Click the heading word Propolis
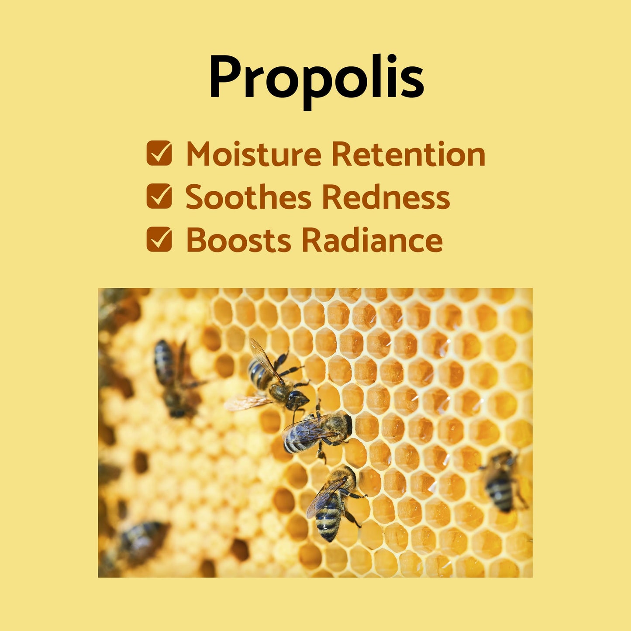click(x=316, y=79)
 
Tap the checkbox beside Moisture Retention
click(x=159, y=153)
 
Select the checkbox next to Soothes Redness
click(x=159, y=196)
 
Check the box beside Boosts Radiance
click(x=159, y=239)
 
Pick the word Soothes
click(x=248, y=197)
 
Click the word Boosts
click(x=238, y=240)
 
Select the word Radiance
click(x=372, y=240)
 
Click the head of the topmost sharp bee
click(x=298, y=399)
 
